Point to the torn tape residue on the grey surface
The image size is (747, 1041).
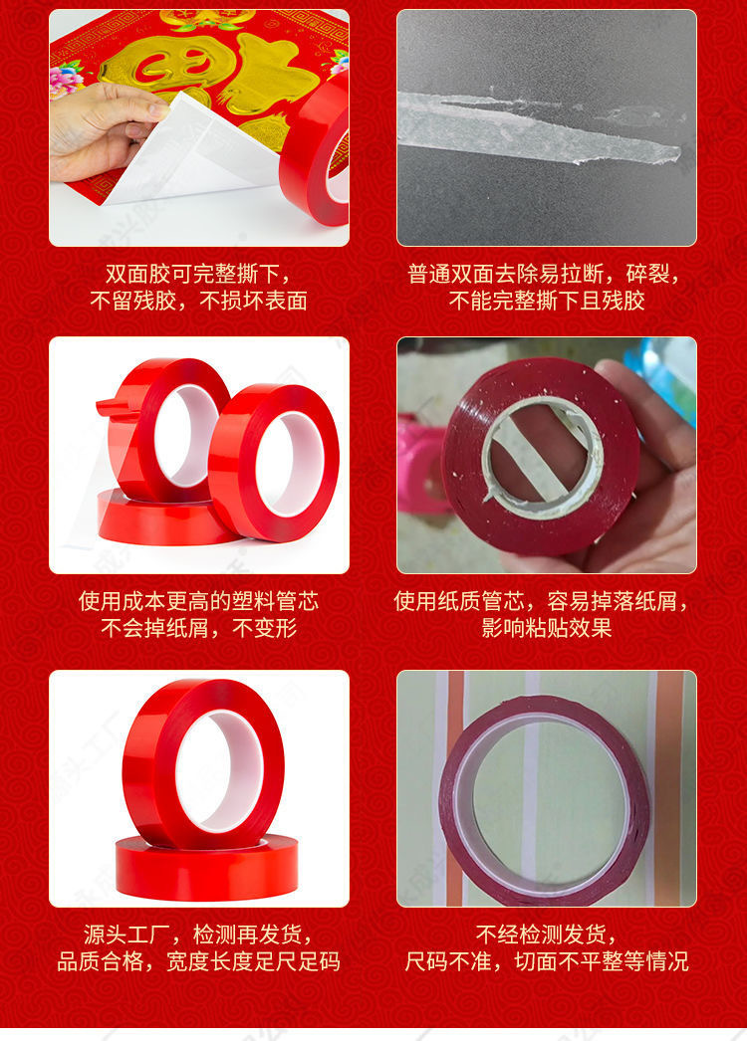538,129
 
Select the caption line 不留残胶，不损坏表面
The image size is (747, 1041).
198,301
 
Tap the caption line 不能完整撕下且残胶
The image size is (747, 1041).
546,301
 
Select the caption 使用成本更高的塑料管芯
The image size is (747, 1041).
198,601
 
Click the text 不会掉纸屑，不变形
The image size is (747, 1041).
198,628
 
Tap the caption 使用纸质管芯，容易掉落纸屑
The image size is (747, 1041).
546,601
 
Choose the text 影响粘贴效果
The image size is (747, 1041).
546,628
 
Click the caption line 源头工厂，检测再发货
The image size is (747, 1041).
198,935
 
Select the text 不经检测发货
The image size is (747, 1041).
546,935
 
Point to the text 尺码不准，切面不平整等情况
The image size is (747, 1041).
546,961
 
